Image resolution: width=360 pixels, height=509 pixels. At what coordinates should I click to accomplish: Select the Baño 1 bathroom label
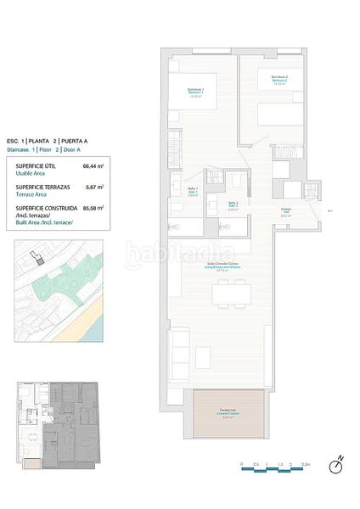194,192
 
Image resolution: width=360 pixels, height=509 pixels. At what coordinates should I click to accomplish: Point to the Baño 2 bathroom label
233,204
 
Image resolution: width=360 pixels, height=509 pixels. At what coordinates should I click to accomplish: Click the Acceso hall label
286,212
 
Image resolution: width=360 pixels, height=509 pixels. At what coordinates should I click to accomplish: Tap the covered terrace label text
227,415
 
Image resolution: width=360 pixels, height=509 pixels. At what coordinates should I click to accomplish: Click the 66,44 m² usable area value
93,166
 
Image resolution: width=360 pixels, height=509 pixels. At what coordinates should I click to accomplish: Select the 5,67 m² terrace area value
93,187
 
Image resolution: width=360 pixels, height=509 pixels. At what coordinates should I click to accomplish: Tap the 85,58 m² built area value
93,207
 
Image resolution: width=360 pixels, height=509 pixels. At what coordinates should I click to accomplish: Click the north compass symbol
337,463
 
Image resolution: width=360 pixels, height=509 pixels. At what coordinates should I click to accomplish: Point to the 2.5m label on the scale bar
307,465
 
